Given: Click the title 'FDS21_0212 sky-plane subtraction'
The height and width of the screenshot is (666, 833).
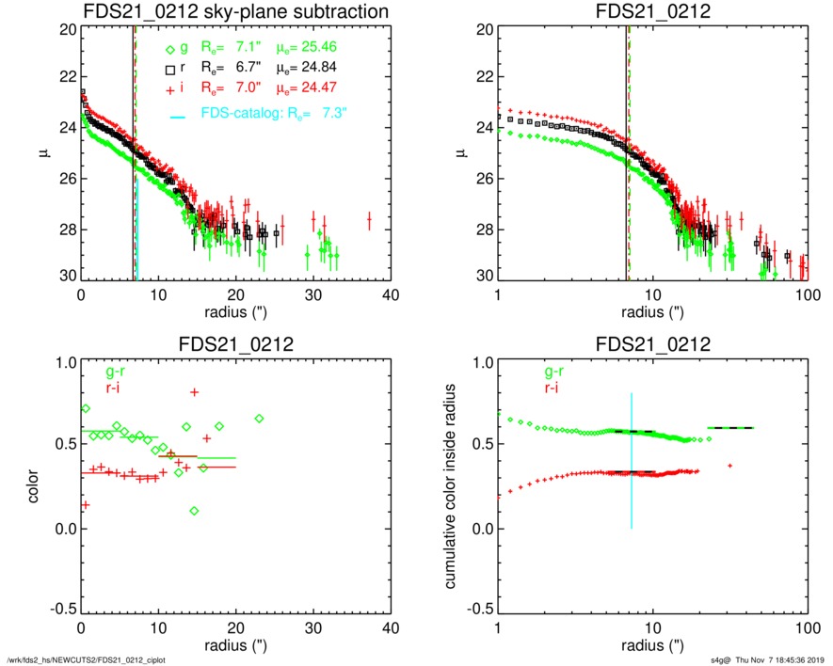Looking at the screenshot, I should [235, 11].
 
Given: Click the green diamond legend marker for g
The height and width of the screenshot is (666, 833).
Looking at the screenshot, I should [169, 50].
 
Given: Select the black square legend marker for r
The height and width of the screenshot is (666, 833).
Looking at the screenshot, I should [169, 71].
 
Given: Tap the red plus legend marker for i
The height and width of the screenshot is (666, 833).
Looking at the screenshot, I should [169, 89].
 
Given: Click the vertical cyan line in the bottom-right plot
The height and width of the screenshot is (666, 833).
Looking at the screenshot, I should [632, 461].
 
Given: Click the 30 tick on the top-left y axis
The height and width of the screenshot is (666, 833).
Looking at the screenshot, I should [67, 277].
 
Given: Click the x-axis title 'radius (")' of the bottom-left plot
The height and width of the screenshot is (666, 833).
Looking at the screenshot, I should [235, 647].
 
